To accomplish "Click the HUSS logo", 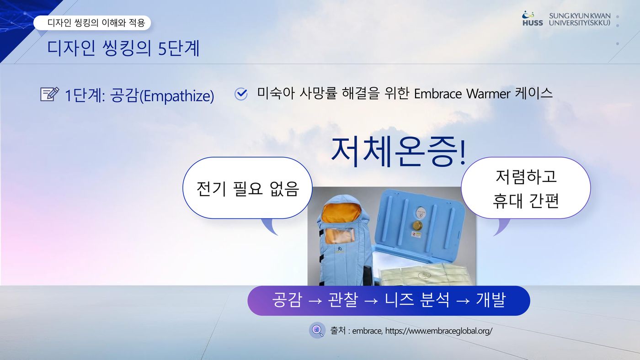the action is (x=533, y=19).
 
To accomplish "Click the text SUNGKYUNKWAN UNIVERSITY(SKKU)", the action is (x=580, y=19).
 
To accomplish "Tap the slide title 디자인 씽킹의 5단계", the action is (x=123, y=48).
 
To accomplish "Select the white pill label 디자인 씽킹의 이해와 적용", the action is (x=92, y=22).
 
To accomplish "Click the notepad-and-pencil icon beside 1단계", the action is (x=50, y=94).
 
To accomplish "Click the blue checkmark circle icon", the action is (x=241, y=94).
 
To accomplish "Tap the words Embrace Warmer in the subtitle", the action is (x=462, y=94).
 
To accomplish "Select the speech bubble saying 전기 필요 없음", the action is (x=247, y=188).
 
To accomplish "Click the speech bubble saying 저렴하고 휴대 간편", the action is (x=526, y=188).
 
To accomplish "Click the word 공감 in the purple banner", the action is (x=287, y=300).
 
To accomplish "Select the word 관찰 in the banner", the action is (x=343, y=300).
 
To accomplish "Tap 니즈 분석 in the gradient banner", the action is (x=417, y=300).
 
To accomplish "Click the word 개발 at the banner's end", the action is (x=491, y=300).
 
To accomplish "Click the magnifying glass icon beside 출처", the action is (x=317, y=330).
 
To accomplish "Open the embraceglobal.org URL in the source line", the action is (x=438, y=331).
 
